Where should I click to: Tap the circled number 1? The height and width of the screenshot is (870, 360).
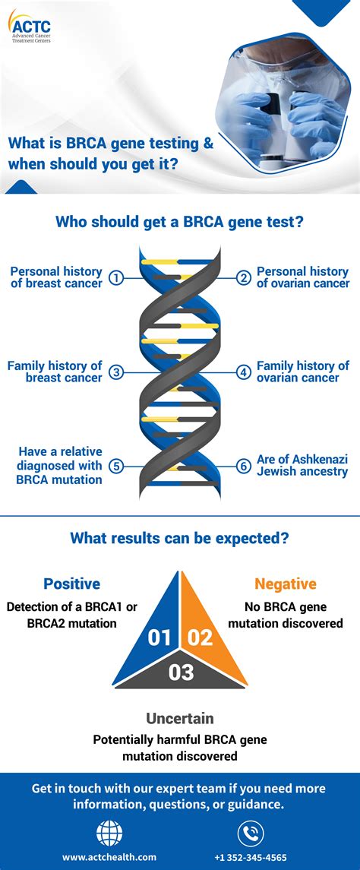coord(116,278)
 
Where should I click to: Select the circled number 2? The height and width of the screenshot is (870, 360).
coord(243,278)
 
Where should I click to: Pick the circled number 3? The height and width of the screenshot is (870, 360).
coord(116,372)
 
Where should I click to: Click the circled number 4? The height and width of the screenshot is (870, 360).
coord(243,372)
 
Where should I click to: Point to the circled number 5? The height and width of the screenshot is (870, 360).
coord(116,467)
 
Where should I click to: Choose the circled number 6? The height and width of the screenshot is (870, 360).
coord(243,467)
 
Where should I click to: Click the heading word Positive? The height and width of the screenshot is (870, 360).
coord(71,584)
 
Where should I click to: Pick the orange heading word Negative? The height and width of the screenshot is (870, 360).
coord(286,584)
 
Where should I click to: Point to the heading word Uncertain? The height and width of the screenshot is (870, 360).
coord(180,718)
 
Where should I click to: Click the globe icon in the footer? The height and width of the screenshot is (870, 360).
coord(109,834)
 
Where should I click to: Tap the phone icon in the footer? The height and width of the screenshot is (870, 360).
coord(250,834)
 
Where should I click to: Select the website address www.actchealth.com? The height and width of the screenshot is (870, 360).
coord(109,857)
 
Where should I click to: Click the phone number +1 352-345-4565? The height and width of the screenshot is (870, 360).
coord(250,857)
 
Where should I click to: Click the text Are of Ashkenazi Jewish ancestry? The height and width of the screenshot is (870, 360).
coord(302,466)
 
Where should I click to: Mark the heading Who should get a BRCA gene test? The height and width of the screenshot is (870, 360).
coord(180,222)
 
